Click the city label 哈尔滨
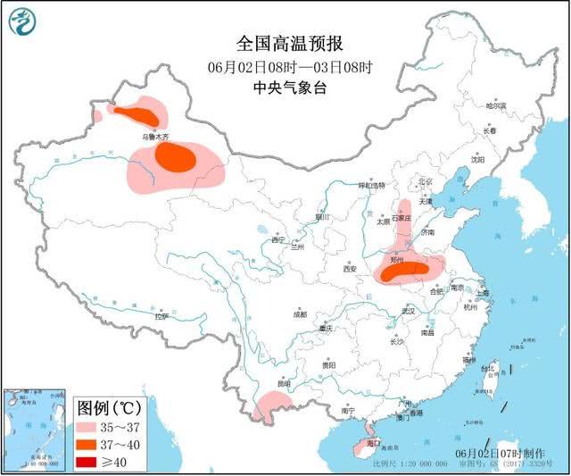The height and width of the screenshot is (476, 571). coord(495,105)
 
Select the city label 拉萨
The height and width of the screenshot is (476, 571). coord(161,316)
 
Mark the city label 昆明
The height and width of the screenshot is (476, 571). coord(284,383)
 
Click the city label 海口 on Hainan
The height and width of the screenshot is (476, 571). coord(373,443)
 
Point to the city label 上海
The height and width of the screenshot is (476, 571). coord(482,293)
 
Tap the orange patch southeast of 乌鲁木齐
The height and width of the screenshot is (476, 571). coord(175,158)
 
